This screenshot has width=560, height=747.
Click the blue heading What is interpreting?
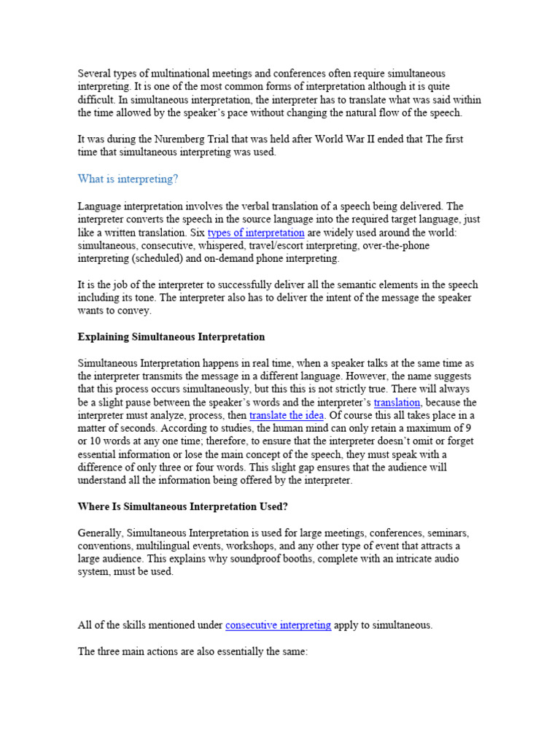[x=128, y=179]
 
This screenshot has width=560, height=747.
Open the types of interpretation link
[x=256, y=233]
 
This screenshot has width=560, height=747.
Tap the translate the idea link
[x=287, y=416]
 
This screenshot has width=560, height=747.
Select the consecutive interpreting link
[x=279, y=625]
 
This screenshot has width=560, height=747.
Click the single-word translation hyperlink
[x=397, y=403]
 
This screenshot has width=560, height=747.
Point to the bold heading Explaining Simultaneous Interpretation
[x=171, y=337]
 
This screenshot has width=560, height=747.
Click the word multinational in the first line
[x=162, y=74]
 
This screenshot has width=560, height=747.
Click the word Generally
[x=101, y=533]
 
